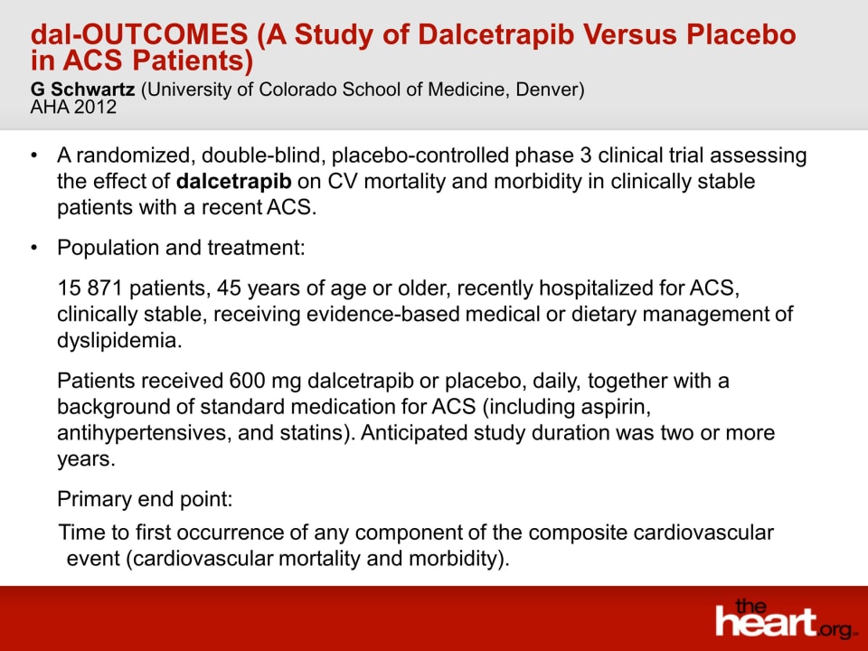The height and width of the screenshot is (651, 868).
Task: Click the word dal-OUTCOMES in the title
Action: click(139, 34)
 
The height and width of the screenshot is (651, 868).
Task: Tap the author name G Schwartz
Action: click(82, 90)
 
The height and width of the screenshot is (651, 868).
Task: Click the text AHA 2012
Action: click(73, 107)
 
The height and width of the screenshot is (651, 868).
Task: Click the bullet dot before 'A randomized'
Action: click(35, 156)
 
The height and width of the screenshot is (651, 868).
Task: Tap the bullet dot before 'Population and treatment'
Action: click(35, 248)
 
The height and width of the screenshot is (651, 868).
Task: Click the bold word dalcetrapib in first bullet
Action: click(233, 182)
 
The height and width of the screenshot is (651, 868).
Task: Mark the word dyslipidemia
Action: click(119, 341)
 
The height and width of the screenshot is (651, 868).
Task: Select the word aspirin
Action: click(616, 407)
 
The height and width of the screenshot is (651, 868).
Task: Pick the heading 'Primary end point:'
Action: click(145, 499)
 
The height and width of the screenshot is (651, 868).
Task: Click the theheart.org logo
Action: click(785, 618)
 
